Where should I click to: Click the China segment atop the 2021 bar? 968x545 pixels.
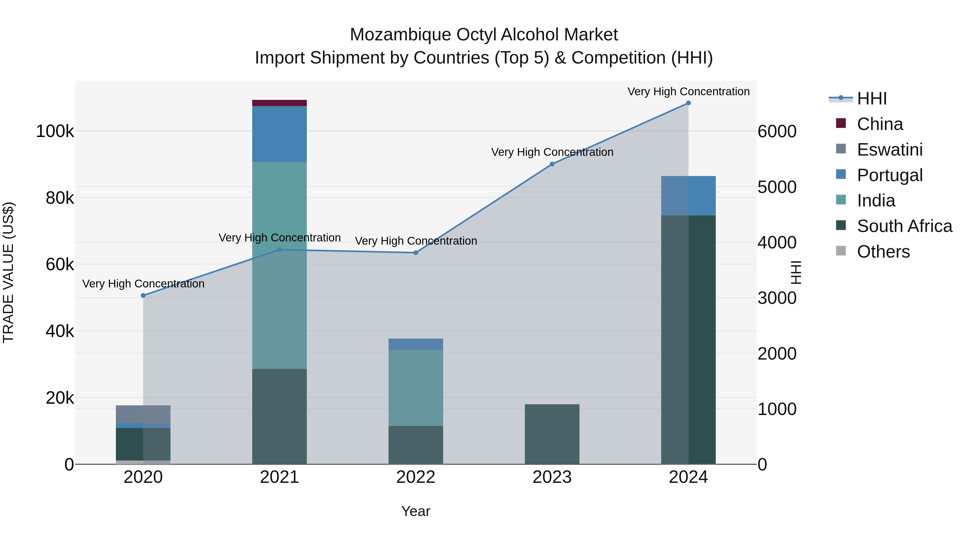(279, 103)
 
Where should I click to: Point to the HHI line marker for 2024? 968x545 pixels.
(688, 103)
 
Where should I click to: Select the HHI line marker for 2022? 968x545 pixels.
(416, 252)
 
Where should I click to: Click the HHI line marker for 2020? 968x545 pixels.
(143, 295)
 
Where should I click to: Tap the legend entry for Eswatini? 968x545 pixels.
(889, 149)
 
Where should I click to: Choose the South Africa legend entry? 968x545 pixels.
(904, 226)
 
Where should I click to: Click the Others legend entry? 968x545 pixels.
(883, 252)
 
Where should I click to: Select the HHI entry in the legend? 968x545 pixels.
(871, 99)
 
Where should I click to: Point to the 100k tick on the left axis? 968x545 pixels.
(55, 131)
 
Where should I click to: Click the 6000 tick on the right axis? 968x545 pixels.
(777, 131)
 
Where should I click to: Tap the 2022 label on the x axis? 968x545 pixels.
(416, 477)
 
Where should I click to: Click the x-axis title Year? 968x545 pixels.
(416, 511)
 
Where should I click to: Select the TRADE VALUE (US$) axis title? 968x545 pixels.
(8, 272)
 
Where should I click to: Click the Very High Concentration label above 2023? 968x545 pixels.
(552, 152)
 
